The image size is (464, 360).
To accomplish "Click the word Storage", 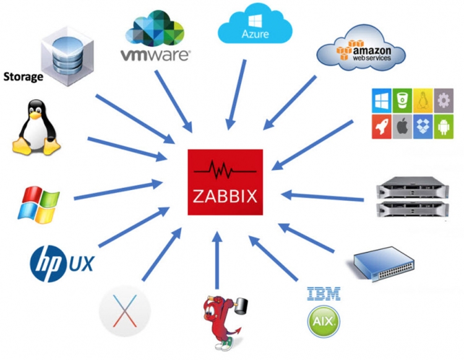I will click(x=24, y=77).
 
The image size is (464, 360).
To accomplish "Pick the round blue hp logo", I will click(x=49, y=262).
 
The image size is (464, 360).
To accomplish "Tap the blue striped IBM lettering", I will click(x=324, y=294).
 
